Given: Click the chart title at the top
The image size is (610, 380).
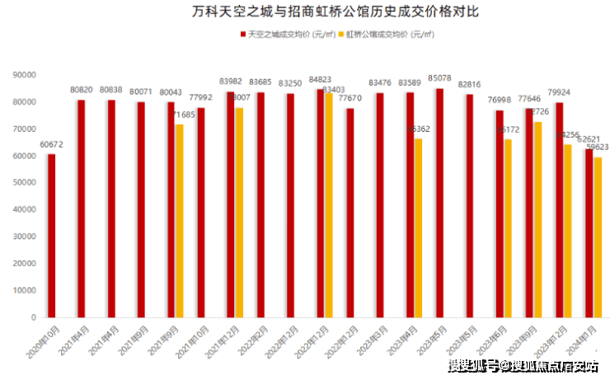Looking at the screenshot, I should tap(305, 12).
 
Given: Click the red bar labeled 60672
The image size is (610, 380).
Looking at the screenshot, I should tap(51, 236).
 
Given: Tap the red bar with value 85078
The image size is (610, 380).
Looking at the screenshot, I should tap(439, 203).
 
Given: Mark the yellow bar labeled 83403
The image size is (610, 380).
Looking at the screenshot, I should tap(328, 205).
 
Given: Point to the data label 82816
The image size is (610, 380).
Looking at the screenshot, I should tap(469, 85).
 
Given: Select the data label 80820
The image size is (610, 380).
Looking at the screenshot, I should tap(81, 89).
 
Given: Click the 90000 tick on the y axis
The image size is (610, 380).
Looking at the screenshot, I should tap(26, 75).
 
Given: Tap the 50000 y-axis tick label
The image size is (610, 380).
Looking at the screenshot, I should tap(26, 183).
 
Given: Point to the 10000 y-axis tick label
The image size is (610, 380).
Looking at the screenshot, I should tap(26, 291).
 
